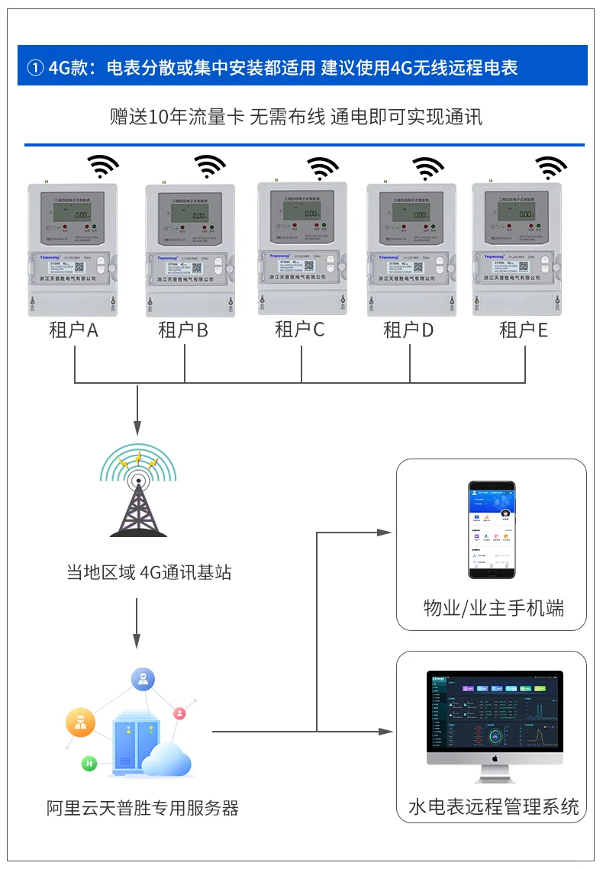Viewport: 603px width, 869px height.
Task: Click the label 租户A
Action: pyautogui.click(x=73, y=330)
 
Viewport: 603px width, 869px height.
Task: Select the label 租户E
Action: pyautogui.click(x=524, y=330)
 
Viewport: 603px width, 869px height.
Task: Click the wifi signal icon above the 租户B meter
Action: pyautogui.click(x=209, y=166)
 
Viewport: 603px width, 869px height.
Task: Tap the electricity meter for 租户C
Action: pyautogui.click(x=302, y=248)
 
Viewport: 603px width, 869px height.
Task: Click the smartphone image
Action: pyautogui.click(x=492, y=530)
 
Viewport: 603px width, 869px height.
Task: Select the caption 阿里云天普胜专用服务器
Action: pyautogui.click(x=143, y=808)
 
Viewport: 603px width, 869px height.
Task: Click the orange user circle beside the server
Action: pyautogui.click(x=80, y=721)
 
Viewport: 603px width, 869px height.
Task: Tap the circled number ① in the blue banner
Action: pyautogui.click(x=35, y=68)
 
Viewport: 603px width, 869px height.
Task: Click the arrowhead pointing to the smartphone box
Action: pyautogui.click(x=385, y=532)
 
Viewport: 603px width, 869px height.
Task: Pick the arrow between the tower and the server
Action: pyautogui.click(x=137, y=622)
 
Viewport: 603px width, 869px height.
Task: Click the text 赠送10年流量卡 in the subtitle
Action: pyautogui.click(x=177, y=117)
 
